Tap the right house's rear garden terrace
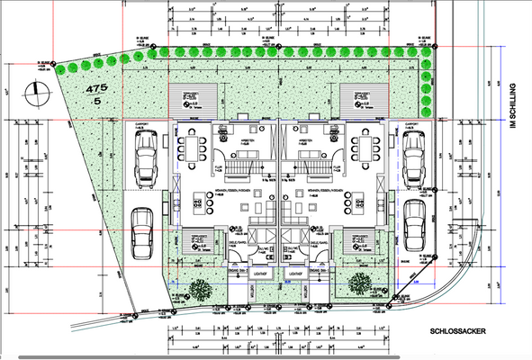tap(363, 97)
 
